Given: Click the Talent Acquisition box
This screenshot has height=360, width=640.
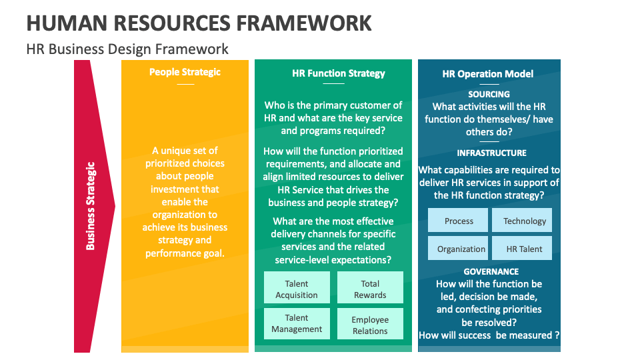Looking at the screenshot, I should (297, 289).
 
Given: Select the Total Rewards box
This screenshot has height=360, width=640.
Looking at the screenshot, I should (370, 289).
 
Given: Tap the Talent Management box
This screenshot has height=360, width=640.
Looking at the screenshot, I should (297, 323).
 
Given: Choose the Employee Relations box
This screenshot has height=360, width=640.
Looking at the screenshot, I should (370, 325).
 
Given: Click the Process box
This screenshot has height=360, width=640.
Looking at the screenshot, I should (459, 221).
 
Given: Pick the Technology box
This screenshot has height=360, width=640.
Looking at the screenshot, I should (524, 221).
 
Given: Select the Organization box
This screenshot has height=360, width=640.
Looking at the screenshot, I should (461, 249).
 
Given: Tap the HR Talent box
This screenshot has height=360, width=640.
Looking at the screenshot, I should (524, 249).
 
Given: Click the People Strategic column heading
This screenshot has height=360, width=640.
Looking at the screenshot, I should (185, 72).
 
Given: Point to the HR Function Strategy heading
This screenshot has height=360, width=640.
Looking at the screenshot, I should (339, 73).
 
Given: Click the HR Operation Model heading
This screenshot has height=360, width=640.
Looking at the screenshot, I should (487, 74).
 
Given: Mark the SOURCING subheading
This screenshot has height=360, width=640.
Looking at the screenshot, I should (489, 94).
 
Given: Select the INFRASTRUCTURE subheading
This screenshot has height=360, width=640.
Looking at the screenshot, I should (491, 153).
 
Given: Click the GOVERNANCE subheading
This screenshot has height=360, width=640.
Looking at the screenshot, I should (491, 271).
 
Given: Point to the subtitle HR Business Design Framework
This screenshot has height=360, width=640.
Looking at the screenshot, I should (127, 49).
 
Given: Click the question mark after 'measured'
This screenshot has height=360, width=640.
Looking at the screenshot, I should (557, 335).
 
